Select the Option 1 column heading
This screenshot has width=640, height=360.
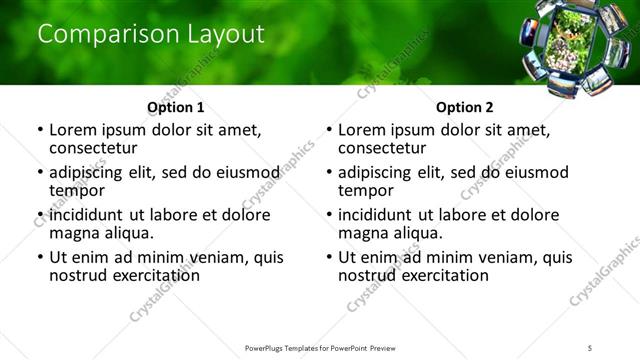(176, 107)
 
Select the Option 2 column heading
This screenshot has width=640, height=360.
(465, 107)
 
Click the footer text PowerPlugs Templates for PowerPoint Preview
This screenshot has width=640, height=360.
(319, 347)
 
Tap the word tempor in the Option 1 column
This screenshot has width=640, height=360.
(77, 190)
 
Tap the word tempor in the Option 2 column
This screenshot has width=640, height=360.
(366, 190)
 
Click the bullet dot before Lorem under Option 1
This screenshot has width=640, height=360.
(39, 130)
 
